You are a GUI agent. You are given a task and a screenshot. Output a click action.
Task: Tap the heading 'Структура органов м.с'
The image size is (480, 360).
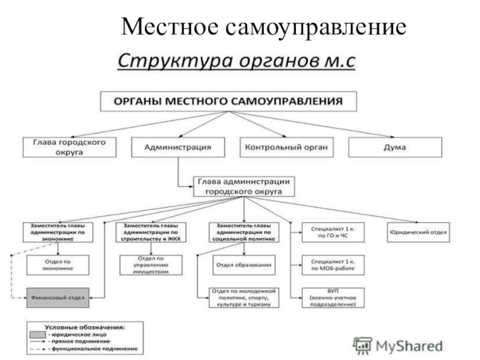(x=236, y=61)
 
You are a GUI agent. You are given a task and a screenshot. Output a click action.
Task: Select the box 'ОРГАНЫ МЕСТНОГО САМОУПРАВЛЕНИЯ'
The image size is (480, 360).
(x=228, y=101)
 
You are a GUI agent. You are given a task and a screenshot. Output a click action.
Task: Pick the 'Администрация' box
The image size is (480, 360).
(x=179, y=148)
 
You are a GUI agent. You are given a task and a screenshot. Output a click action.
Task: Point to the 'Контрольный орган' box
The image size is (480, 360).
(x=287, y=148)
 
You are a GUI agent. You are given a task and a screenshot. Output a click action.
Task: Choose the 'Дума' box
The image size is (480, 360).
(x=395, y=148)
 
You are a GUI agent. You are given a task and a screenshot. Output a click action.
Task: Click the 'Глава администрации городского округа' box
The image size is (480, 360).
(x=244, y=186)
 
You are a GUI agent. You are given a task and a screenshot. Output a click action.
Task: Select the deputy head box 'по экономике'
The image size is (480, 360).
(x=58, y=232)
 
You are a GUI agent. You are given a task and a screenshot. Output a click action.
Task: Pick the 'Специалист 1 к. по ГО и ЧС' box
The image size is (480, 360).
(x=329, y=232)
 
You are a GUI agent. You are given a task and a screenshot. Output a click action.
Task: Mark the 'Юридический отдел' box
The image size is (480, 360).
(x=418, y=232)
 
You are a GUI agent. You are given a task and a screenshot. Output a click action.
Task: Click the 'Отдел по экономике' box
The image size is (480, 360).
(x=58, y=265)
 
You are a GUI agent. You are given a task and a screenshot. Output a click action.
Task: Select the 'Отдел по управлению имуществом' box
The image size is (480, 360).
(x=150, y=265)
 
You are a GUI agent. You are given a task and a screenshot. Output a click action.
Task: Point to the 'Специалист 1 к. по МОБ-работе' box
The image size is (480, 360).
(x=329, y=265)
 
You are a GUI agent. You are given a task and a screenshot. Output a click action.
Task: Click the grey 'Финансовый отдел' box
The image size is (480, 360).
(x=58, y=297)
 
